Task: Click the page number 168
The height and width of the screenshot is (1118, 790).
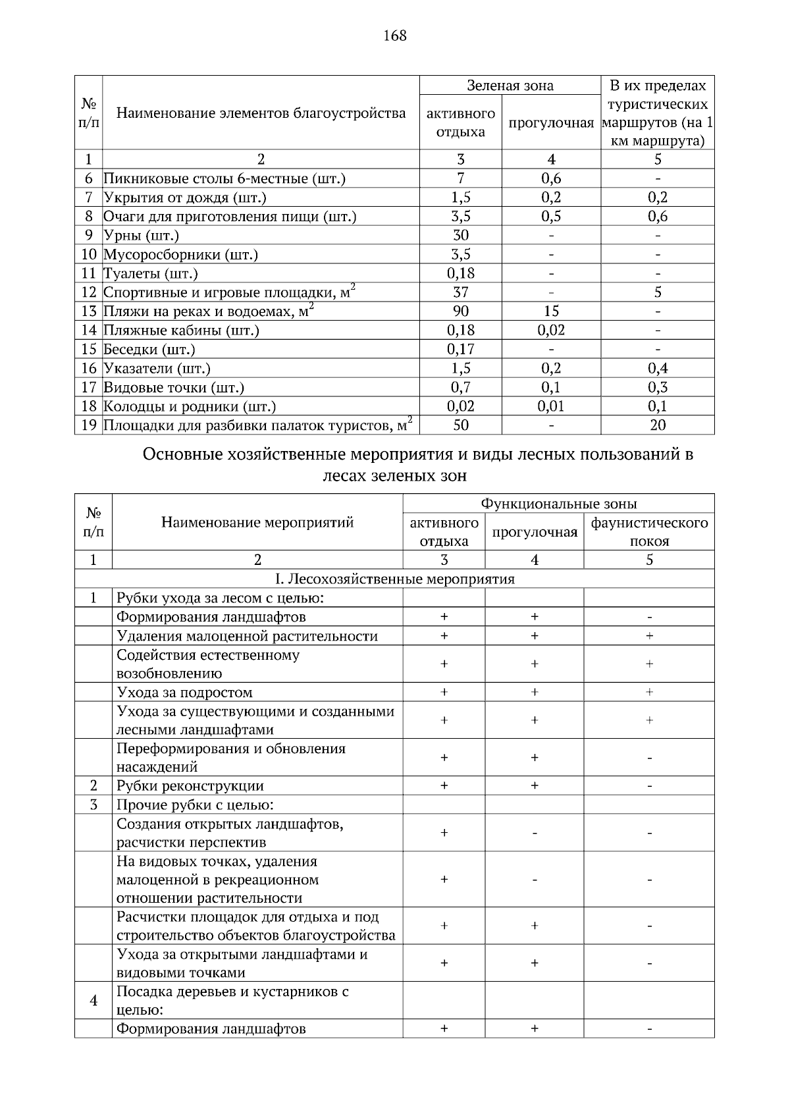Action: (395, 36)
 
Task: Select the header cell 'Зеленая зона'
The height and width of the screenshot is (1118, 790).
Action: (510, 86)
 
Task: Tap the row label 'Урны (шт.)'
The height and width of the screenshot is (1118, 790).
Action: (141, 235)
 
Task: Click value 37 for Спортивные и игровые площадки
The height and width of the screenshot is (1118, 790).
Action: (460, 292)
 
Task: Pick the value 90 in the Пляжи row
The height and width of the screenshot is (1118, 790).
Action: (460, 311)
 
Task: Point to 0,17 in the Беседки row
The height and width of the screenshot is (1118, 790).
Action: (460, 349)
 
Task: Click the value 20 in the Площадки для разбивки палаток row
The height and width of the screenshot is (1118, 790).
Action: (657, 425)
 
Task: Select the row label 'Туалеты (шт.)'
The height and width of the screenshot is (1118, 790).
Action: (151, 273)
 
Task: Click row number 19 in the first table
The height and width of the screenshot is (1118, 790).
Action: (89, 425)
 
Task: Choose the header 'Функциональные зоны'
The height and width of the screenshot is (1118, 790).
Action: (558, 504)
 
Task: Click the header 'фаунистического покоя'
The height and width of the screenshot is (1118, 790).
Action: (649, 531)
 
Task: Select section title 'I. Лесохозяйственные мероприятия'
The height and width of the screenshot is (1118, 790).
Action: (394, 579)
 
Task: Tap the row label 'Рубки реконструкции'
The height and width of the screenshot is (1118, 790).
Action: (190, 785)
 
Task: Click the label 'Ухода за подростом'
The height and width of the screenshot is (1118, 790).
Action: (184, 692)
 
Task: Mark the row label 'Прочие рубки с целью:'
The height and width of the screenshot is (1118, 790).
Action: (195, 805)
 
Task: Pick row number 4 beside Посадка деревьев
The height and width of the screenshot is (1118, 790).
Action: (93, 1000)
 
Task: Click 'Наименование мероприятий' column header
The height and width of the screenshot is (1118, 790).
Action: (257, 522)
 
